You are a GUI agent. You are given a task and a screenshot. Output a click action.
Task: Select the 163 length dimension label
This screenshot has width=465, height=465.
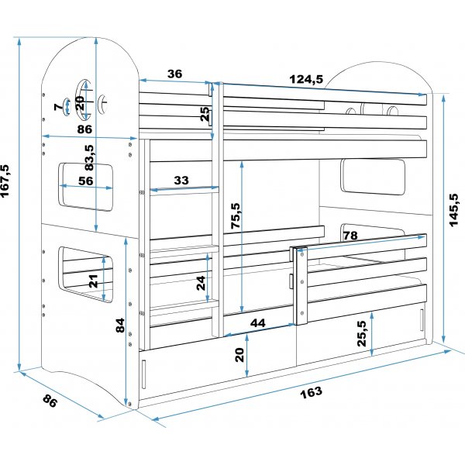click(x=310, y=391)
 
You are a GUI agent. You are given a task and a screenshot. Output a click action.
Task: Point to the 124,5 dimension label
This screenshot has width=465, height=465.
click(x=306, y=78)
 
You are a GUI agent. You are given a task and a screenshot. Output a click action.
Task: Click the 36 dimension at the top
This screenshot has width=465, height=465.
click(x=175, y=74)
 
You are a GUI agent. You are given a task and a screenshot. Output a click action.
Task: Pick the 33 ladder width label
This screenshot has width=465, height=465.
click(x=181, y=181)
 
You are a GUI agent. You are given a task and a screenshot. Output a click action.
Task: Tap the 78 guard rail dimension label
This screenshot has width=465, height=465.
click(x=350, y=236)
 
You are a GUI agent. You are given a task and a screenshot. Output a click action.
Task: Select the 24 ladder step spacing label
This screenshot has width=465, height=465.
click(x=202, y=283)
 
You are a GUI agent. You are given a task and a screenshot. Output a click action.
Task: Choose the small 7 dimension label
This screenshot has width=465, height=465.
click(x=57, y=106)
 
